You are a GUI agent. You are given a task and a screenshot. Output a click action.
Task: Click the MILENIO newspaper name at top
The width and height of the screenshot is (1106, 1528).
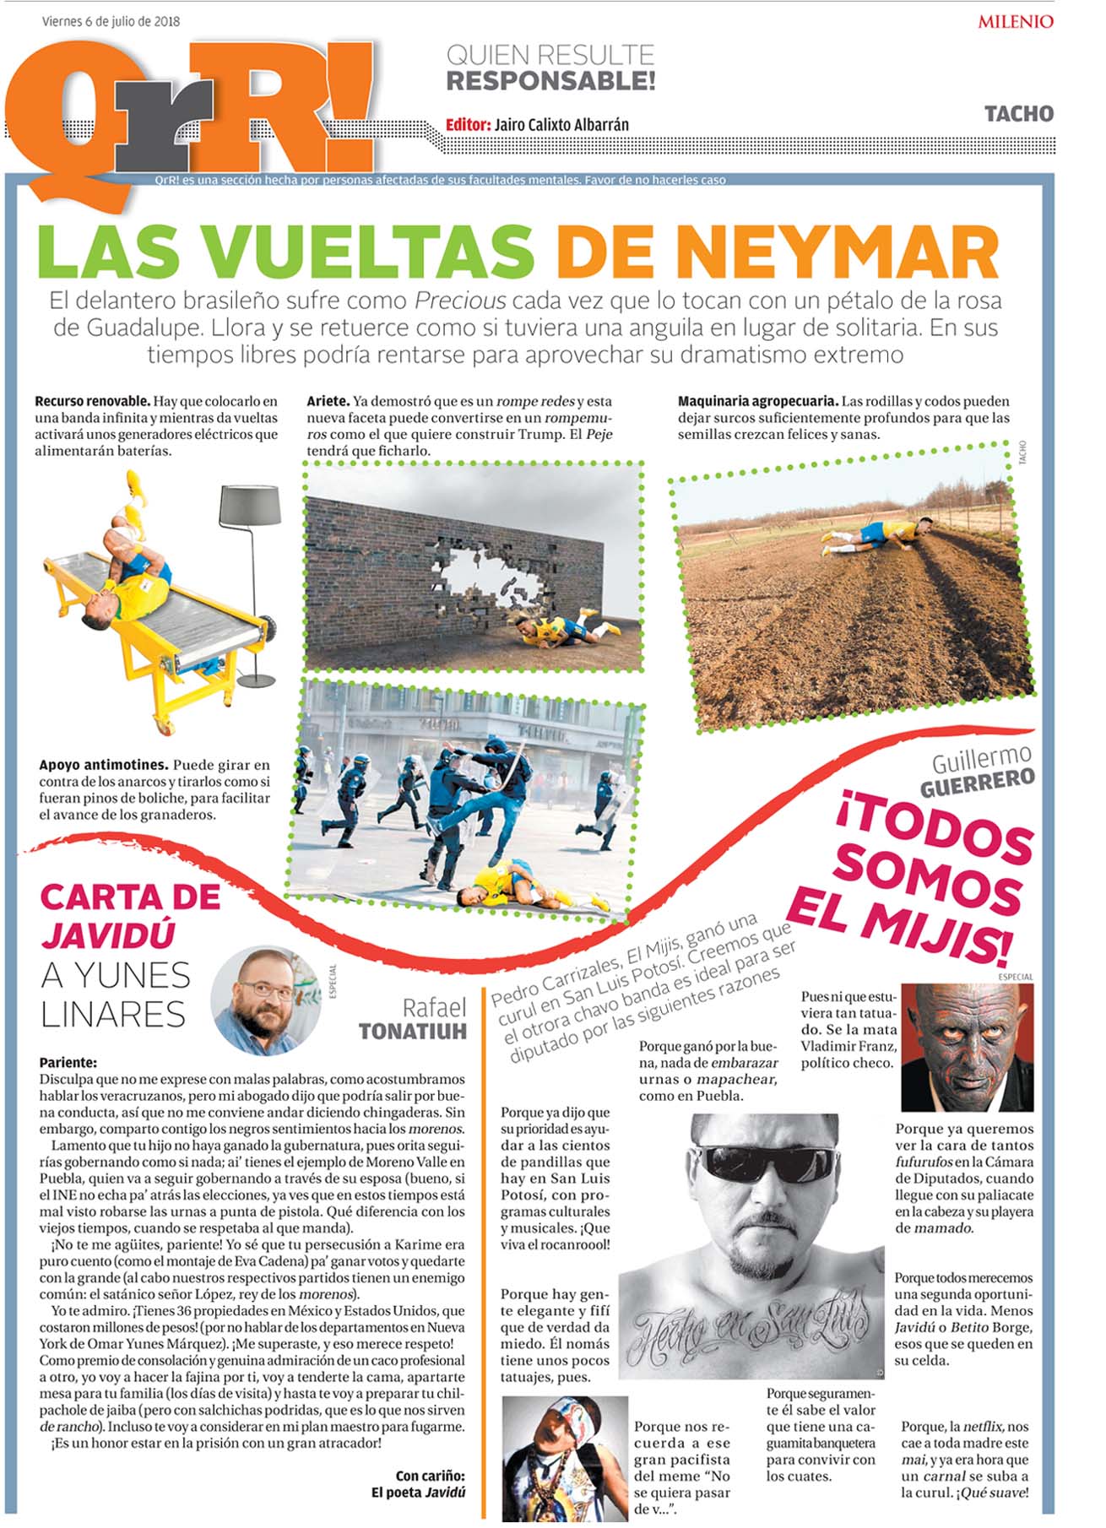click(1015, 21)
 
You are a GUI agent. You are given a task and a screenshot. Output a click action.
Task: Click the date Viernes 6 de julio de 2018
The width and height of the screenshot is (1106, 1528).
click(111, 21)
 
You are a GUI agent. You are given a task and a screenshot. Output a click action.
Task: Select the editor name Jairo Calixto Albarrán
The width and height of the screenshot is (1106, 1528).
click(561, 124)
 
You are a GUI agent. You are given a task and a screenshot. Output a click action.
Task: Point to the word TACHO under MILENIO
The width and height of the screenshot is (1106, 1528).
click(1018, 113)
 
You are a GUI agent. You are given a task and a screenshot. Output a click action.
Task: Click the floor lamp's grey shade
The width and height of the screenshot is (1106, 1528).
click(249, 504)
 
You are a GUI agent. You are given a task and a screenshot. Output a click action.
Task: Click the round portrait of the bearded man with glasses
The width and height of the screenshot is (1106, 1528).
click(265, 1000)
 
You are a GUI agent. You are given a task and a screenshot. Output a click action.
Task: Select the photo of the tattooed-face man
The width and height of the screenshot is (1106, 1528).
click(967, 1047)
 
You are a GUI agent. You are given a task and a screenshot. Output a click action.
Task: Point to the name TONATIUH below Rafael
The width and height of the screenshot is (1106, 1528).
click(412, 1032)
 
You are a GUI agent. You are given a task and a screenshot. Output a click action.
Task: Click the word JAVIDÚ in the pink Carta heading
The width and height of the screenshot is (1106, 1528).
click(108, 935)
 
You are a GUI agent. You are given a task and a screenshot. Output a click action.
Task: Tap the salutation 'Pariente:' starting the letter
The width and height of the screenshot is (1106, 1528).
click(68, 1063)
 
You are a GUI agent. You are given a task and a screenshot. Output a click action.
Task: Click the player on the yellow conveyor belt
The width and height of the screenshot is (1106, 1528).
click(127, 574)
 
